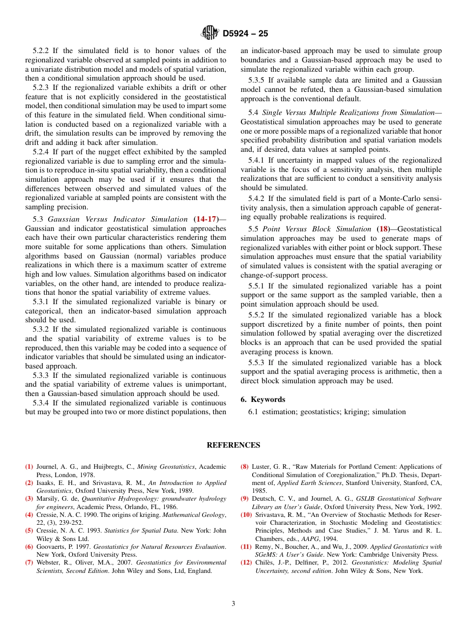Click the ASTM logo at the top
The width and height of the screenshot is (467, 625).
[210, 33]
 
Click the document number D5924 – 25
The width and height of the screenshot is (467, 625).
[245, 34]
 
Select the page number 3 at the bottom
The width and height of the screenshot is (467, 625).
[233, 603]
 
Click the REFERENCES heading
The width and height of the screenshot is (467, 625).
[233, 445]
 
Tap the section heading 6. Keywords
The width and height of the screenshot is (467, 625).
[263, 399]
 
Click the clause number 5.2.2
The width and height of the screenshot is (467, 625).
[42, 51]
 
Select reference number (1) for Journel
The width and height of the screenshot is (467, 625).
[29, 467]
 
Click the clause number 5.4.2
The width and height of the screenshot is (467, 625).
[258, 199]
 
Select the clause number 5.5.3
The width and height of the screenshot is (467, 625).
[258, 363]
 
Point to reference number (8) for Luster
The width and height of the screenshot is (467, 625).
[244, 467]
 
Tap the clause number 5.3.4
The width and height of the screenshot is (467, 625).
[42, 403]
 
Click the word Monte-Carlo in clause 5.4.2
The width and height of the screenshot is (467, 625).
[397, 199]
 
